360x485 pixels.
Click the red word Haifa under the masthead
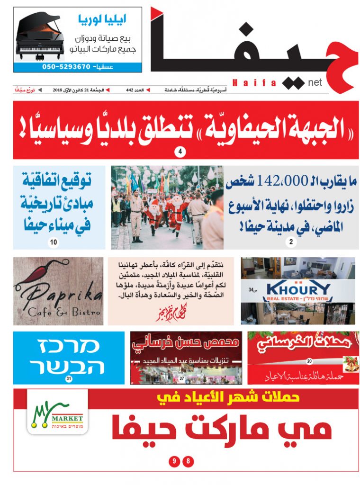coord(254,83)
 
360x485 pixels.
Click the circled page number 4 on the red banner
coord(180,152)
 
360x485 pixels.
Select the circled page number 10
coord(54,242)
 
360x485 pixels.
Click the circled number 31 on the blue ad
coord(69,378)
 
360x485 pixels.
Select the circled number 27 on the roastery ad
coord(181,378)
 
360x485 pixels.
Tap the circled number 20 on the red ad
coord(309,361)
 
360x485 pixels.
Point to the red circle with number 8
coord(189,460)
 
